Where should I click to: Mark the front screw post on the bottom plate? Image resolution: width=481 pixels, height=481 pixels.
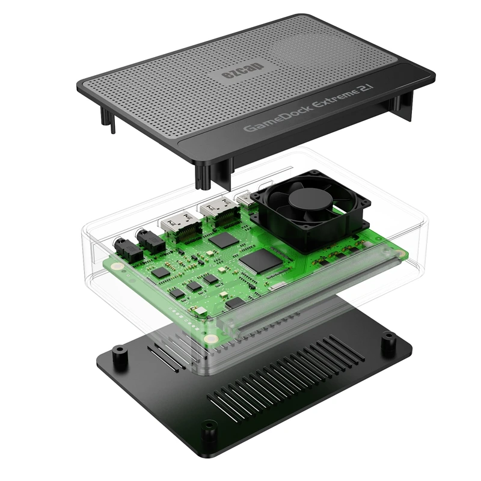209,428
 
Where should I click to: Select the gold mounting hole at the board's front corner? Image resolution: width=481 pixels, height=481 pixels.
211,340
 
